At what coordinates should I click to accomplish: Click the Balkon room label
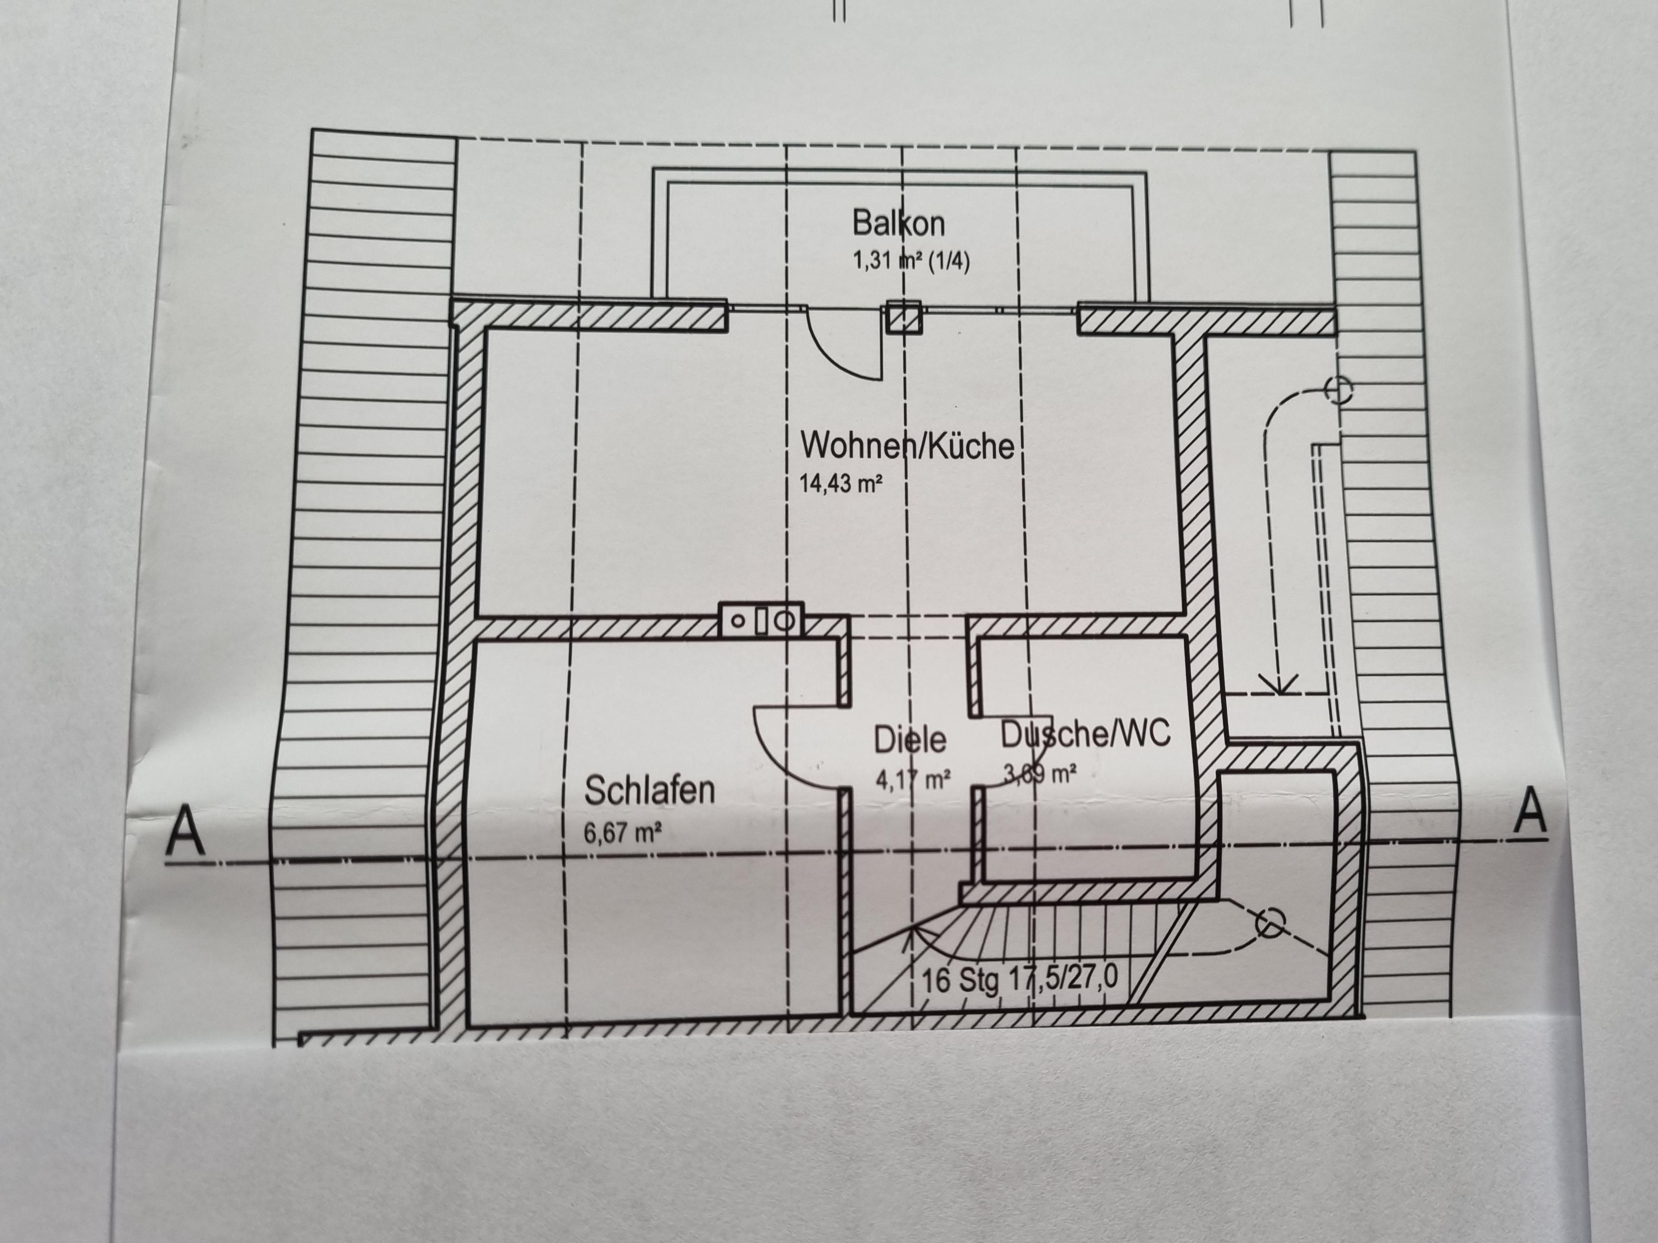pyautogui.click(x=898, y=223)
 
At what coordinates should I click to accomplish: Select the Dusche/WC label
pyautogui.click(x=1085, y=734)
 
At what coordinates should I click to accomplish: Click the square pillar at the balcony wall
pyautogui.click(x=903, y=316)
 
